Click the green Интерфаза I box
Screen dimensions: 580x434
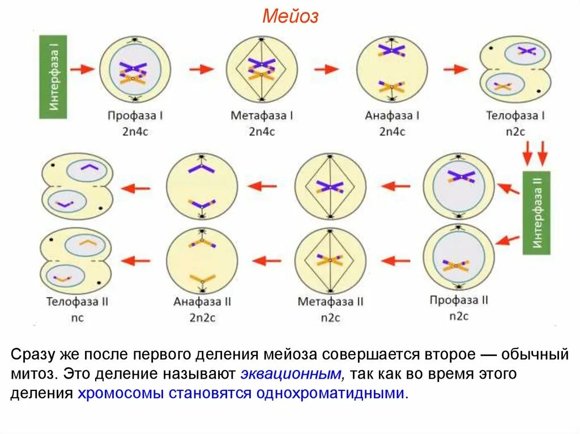pos(53,77)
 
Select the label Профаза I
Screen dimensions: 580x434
pos(135,116)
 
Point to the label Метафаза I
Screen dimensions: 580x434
pos(262,116)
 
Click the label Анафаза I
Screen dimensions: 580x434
pos(392,116)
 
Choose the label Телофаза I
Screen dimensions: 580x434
pos(515,116)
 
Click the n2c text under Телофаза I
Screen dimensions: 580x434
pos(515,132)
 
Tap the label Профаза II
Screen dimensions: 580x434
pos(459,300)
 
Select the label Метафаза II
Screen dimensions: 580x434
pos(330,302)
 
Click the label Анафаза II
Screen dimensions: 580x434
pos(202,302)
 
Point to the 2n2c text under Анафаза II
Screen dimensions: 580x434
pos(202,317)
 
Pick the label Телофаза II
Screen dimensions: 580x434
pos(77,302)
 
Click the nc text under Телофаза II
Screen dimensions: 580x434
pos(77,317)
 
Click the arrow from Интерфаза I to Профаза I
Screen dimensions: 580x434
pos(83,69)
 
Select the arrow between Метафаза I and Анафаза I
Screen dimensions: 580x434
pos(326,69)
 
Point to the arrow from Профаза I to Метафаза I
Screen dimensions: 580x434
pos(202,69)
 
